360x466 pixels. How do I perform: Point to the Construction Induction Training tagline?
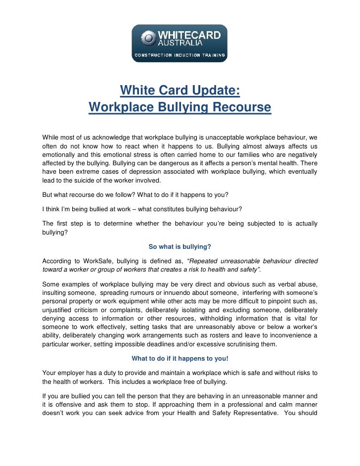179,55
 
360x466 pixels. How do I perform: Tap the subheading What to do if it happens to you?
180,359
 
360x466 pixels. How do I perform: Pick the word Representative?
267,413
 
